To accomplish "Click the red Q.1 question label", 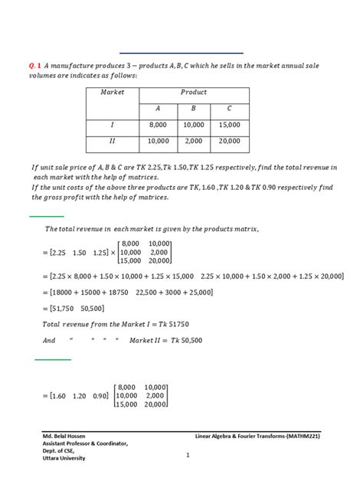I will (35, 66).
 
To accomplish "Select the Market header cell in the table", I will (113, 92).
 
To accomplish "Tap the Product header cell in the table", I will (194, 92).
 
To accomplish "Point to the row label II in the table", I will (113, 142).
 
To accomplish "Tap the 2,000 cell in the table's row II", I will (194, 142).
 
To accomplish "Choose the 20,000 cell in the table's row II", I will (229, 142).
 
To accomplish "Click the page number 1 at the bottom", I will (187, 454).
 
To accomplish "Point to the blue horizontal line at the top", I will (181, 53).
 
